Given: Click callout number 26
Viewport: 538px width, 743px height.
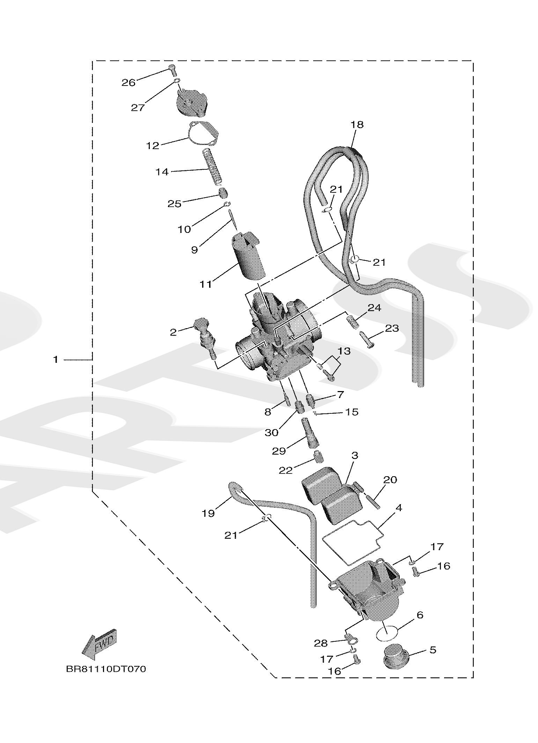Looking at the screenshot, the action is pos(128,83).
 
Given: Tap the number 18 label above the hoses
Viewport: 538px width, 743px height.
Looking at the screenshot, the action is pos(357,124).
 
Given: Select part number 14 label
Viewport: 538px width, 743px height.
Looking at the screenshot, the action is pos(162,172).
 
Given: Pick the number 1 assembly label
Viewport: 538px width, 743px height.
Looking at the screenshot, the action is pos(56,359).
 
